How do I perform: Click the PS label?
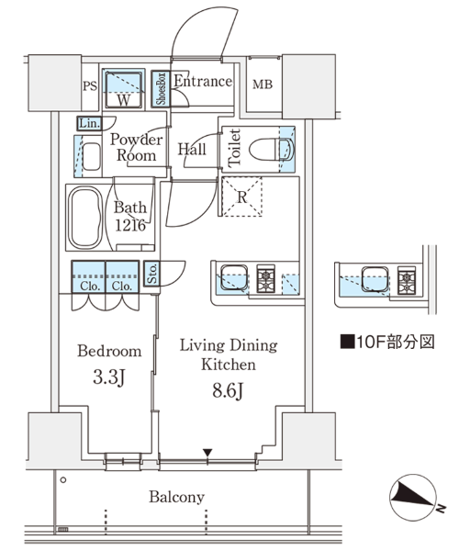pos(90,86)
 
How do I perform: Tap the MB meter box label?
pos(263,84)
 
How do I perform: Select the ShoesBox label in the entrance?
pos(161,88)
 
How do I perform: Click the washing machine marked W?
pos(123,90)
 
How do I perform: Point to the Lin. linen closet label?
pos(90,123)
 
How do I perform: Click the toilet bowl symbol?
pos(272,149)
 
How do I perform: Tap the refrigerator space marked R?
pos(242,197)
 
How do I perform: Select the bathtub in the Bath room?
pos(85,217)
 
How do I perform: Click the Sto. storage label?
pos(152,274)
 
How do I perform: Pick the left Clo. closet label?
pos(90,286)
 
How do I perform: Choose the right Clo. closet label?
pos(122,286)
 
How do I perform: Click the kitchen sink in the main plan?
pos(234,277)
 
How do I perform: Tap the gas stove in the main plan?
pos(266,278)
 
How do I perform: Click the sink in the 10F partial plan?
pos(375,279)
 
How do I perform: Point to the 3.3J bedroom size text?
pos(109,378)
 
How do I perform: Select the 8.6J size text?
pos(228,390)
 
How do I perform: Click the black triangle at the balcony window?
pos(207,453)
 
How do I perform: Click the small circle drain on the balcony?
pos(63,480)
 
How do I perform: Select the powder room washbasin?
pos(92,156)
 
